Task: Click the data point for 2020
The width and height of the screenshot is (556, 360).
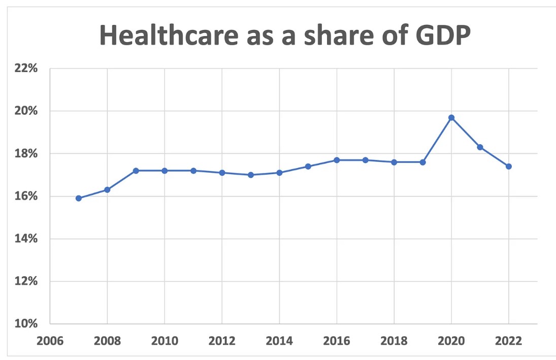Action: (x=451, y=118)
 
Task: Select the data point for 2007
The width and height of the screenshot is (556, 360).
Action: (x=79, y=198)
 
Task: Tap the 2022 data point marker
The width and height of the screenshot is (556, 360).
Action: (x=509, y=166)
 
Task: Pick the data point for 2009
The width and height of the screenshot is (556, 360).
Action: (x=136, y=171)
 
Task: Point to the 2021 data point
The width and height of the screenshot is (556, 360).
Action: (x=480, y=147)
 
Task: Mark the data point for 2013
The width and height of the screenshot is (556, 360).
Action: (x=251, y=175)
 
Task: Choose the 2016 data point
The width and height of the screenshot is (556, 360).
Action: (x=337, y=160)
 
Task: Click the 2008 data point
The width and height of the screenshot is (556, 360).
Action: (x=107, y=189)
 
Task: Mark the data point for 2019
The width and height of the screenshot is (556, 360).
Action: (x=422, y=162)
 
